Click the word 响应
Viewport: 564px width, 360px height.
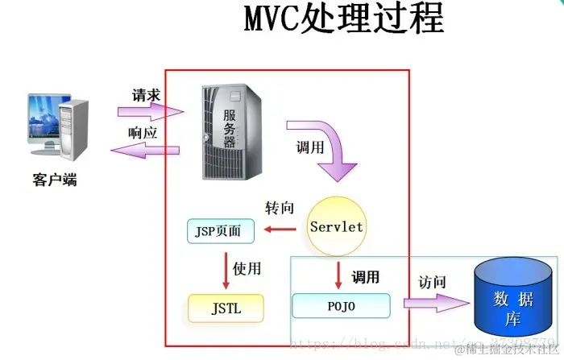[x=145, y=132]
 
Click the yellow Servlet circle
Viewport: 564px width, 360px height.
[x=337, y=226]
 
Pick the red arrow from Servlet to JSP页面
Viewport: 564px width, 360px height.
[x=281, y=232]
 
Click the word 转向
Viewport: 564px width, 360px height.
[x=283, y=209]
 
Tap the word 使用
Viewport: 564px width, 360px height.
[x=247, y=269]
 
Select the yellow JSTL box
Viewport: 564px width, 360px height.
[x=225, y=307]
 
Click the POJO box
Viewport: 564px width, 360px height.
[x=341, y=306]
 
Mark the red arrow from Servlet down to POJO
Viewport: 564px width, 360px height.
[x=338, y=276]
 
